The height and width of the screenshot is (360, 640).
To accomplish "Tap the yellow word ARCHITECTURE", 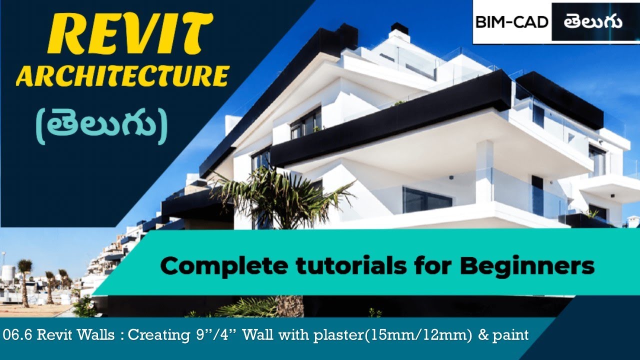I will point(122,76).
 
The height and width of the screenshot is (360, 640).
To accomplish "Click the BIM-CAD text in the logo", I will point(511,22).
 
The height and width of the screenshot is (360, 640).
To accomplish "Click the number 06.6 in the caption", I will point(16,334).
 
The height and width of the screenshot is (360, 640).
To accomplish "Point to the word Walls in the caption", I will point(98,334).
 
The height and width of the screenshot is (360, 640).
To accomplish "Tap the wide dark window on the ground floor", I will point(427,200).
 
